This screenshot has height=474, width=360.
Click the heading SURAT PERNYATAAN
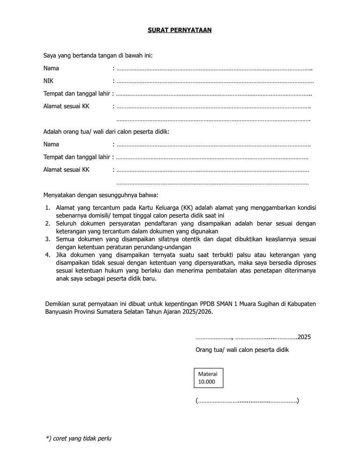pyautogui.click(x=180, y=30)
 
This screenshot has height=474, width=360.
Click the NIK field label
pyautogui.click(x=48, y=81)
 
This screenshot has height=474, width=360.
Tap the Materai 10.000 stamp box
pyautogui.click(x=209, y=378)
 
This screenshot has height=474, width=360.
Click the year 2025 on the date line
pyautogui.click(x=304, y=337)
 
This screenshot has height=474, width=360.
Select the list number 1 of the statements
pyautogui.click(x=48, y=208)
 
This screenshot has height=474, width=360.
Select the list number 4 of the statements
pyautogui.click(x=48, y=255)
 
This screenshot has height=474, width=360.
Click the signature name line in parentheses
pyautogui.click(x=247, y=401)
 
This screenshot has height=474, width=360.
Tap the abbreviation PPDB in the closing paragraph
pyautogui.click(x=209, y=304)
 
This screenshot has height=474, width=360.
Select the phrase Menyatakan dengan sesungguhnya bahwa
pyautogui.click(x=101, y=194)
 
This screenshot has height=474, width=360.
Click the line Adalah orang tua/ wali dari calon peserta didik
pyautogui.click(x=106, y=132)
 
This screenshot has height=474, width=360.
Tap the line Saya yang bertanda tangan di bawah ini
pyautogui.click(x=98, y=56)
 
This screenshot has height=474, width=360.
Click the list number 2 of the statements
pyautogui.click(x=48, y=224)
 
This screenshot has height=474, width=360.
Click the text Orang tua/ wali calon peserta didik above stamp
pyautogui.click(x=242, y=349)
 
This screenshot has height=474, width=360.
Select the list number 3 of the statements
pyautogui.click(x=48, y=239)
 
